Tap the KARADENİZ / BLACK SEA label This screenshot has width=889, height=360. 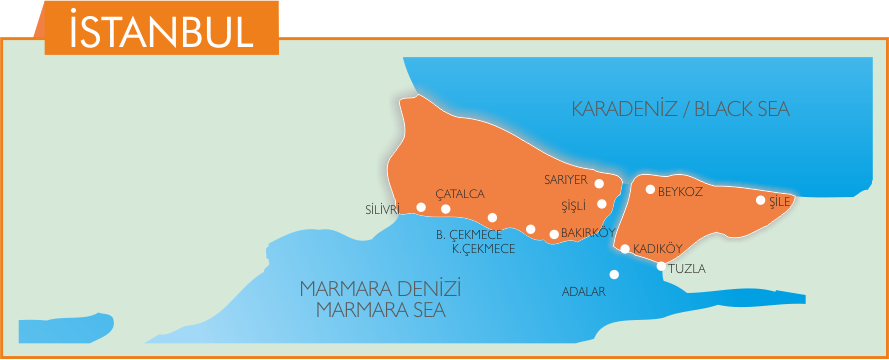tap(680, 109)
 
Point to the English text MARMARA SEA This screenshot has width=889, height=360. tap(380, 309)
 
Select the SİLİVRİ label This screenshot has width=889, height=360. tap(383, 210)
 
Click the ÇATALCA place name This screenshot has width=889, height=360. tap(460, 194)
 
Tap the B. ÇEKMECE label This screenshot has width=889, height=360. tap(468, 235)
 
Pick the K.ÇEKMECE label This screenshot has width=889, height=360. tap(483, 249)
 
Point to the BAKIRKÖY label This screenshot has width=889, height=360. tap(587, 233)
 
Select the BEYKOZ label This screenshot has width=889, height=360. tap(682, 191)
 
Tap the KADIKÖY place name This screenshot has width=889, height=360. tap(657, 249)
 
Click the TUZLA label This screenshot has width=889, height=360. tap(687, 269)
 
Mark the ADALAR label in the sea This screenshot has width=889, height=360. tap(585, 291)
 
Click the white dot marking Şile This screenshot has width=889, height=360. tap(760, 200)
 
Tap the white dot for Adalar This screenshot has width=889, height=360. tap(614, 274)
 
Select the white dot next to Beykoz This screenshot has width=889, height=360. tap(650, 189)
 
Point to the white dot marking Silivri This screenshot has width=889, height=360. tap(421, 207)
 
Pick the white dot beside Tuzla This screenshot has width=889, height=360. tap(660, 266)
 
